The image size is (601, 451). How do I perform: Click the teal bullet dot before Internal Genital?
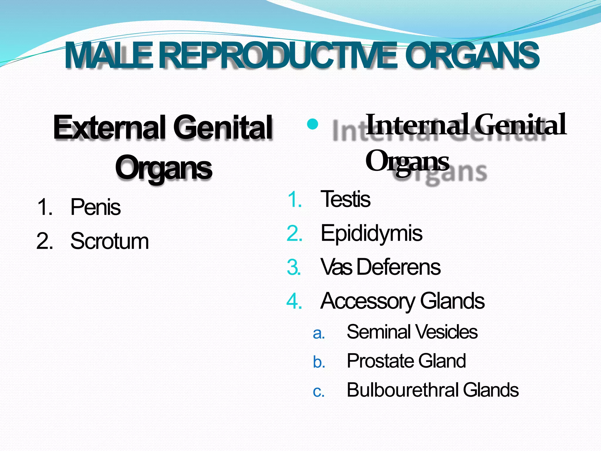[313, 124]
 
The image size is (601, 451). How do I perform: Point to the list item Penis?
[95, 207]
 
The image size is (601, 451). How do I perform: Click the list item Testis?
[345, 199]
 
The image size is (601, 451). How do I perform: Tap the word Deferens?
[399, 267]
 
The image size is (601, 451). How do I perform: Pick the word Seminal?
[379, 332]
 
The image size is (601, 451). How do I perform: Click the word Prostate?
[380, 361]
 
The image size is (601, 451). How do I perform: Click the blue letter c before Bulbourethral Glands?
[319, 392]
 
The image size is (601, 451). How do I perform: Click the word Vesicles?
[446, 332]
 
